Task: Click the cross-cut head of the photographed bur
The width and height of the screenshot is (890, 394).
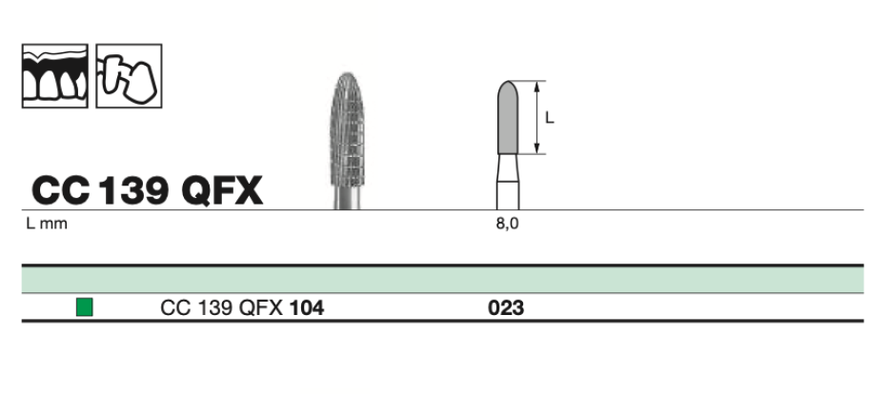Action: (346, 133)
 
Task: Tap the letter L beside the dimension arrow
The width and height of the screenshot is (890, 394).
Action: (550, 118)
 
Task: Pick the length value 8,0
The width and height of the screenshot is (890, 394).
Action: (509, 225)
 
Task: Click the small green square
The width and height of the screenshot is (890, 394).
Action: (85, 307)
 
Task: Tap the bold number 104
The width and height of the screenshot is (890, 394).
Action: (306, 307)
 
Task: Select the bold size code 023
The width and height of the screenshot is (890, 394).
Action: (507, 307)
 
